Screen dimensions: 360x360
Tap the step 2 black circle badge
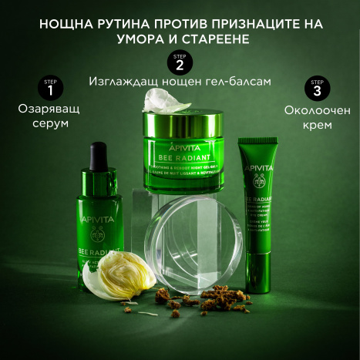tap(180, 62)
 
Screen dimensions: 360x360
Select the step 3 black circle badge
tap(316, 89)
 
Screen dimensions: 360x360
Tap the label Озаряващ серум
tap(49, 116)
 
